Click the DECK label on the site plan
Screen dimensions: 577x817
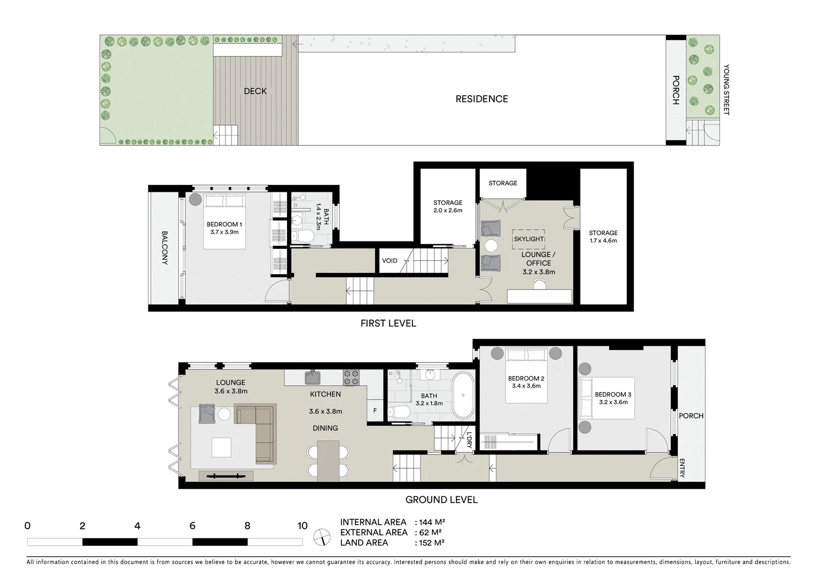point(255,91)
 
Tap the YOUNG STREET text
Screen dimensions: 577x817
point(726,90)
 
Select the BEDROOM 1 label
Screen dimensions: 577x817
point(224,224)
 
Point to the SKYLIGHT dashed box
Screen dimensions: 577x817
point(529,239)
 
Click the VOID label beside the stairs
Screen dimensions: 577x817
point(390,261)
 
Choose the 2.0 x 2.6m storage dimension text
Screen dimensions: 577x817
point(448,210)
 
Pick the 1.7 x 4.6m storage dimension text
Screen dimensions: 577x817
point(603,240)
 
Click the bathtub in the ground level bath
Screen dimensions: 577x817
point(463,396)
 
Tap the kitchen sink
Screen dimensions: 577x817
point(313,378)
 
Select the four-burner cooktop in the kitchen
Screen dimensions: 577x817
point(351,378)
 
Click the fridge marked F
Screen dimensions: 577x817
point(375,411)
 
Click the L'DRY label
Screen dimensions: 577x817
point(469,439)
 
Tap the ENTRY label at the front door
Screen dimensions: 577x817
point(682,469)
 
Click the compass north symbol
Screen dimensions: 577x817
point(322,536)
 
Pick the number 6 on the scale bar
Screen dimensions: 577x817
point(192,526)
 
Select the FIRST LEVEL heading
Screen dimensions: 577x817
point(388,323)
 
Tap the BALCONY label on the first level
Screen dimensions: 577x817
point(165,248)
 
